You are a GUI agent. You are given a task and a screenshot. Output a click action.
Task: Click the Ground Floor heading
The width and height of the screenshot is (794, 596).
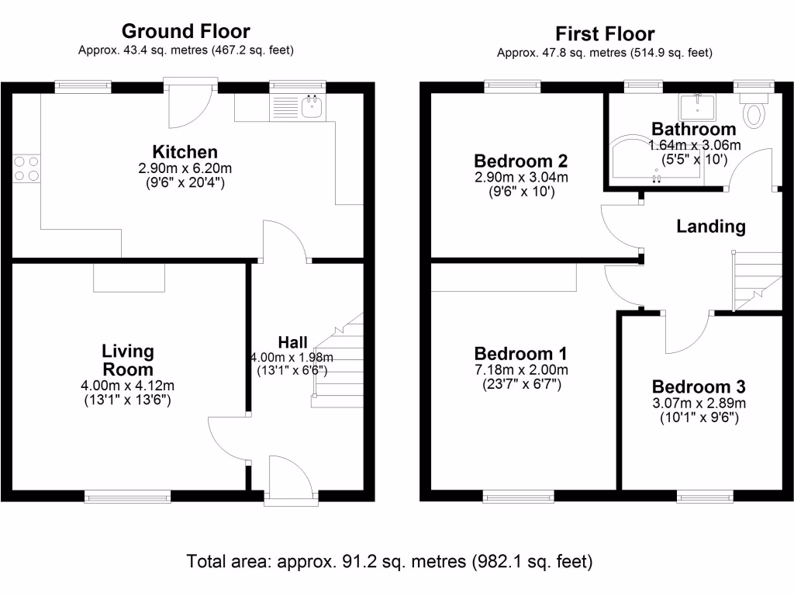(x=186, y=31)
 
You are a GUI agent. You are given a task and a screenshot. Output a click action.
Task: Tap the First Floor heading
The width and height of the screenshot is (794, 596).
(x=605, y=34)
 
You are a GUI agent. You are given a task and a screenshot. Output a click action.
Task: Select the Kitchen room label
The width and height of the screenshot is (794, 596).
(x=185, y=151)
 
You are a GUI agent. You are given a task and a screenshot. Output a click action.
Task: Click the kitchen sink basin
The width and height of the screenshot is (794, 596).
(x=312, y=106)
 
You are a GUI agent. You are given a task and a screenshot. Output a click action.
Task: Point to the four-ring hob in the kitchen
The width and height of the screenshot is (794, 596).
(x=26, y=168)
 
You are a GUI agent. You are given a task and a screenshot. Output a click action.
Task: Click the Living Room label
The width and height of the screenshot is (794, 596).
(x=128, y=360)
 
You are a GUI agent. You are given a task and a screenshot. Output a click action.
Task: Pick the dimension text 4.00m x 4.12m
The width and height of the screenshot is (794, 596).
(x=128, y=386)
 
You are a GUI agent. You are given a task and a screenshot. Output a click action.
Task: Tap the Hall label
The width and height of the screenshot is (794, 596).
(x=292, y=342)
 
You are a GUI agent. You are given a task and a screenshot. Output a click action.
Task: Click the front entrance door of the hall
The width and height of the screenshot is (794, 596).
(x=292, y=479)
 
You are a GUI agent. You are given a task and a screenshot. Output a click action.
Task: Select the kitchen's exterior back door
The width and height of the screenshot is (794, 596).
(x=191, y=104)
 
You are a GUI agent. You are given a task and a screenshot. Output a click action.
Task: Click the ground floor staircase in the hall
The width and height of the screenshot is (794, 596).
(x=338, y=360)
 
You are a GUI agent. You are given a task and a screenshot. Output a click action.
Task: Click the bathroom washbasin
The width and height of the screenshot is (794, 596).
(x=697, y=107)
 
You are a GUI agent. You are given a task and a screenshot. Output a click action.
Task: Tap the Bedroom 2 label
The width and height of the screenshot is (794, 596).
(x=521, y=161)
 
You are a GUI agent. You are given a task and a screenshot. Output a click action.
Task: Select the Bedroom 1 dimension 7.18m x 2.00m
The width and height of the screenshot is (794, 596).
(x=521, y=369)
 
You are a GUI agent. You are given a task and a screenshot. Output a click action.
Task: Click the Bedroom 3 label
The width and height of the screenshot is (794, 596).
(x=699, y=386)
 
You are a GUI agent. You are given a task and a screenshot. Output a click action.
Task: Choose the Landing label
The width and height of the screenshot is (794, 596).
(x=711, y=226)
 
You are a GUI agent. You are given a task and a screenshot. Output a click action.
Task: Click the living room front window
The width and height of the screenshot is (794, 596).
(x=128, y=497)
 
